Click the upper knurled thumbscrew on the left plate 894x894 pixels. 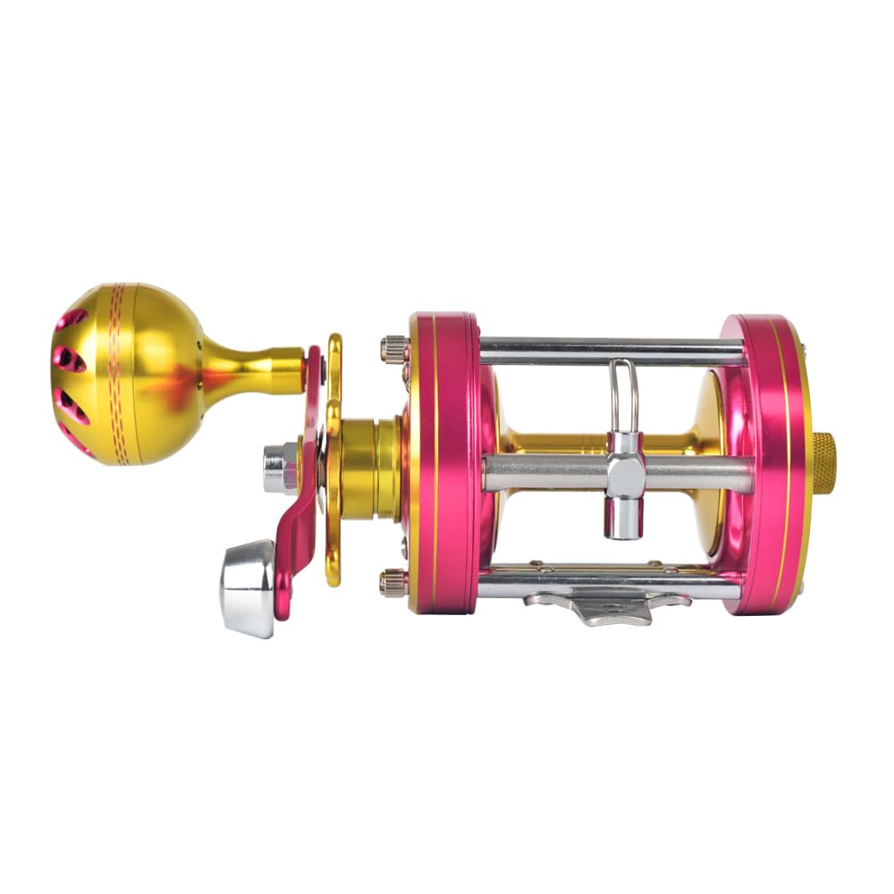point(392,347)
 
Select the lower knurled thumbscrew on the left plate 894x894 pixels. point(392,583)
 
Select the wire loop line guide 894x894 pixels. point(624,393)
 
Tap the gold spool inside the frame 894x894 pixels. point(554,443)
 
